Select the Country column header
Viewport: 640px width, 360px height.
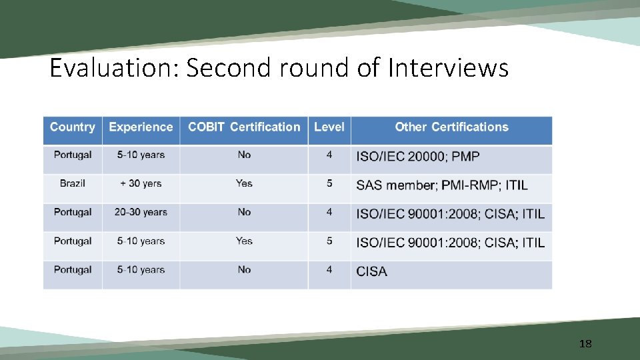pyautogui.click(x=73, y=127)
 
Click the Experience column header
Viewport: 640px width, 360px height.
pyautogui.click(x=141, y=127)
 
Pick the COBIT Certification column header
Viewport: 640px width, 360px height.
pyautogui.click(x=244, y=127)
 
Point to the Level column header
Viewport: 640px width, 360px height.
pyautogui.click(x=329, y=127)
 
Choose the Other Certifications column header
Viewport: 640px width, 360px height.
pyautogui.click(x=451, y=127)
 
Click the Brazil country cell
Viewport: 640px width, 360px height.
pyautogui.click(x=73, y=183)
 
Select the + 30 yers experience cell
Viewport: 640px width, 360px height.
pyautogui.click(x=141, y=183)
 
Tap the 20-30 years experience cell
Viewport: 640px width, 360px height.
pyautogui.click(x=141, y=212)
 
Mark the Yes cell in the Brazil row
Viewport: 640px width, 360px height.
pyautogui.click(x=244, y=183)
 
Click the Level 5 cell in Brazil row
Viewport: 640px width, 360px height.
pyautogui.click(x=329, y=183)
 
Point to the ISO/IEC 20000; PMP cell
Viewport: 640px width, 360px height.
pyautogui.click(x=418, y=157)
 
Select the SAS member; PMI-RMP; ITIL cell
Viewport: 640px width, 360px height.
pyautogui.click(x=442, y=185)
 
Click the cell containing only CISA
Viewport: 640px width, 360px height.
pyautogui.click(x=371, y=271)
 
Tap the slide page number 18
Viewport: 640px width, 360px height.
pyautogui.click(x=585, y=344)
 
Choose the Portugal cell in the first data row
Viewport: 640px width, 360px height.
pyautogui.click(x=73, y=155)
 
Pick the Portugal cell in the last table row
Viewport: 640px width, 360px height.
pyautogui.click(x=73, y=270)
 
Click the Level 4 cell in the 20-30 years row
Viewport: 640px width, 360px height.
pyautogui.click(x=329, y=212)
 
